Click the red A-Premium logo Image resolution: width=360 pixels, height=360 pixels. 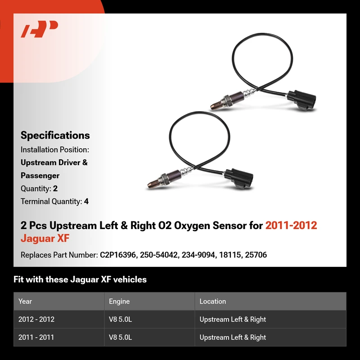tap(40, 29)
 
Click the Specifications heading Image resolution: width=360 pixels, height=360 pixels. tap(55, 135)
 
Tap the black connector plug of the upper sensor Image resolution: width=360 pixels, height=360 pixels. tap(301, 99)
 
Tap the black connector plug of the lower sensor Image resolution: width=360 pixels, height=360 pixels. tap(239, 178)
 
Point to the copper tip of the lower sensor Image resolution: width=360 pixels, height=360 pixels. tap(153, 184)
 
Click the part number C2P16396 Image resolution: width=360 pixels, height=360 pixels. tap(118, 255)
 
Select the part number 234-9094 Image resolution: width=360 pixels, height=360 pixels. tap(198, 255)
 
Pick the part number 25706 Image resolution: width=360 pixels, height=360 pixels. tap(256, 255)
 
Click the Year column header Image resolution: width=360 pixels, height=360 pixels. tap(25, 301)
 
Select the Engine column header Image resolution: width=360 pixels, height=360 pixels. tap(119, 301)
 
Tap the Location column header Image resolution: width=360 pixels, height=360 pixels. tap(212, 301)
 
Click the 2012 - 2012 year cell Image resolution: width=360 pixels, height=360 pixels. tap(36, 319)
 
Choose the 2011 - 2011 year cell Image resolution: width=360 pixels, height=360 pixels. tap(36, 337)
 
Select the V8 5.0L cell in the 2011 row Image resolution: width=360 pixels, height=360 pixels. tap(120, 337)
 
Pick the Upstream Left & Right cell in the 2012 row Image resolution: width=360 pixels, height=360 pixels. tap(233, 319)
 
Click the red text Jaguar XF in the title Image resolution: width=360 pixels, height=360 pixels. tap(45, 238)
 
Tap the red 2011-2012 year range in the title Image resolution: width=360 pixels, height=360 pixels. tap(291, 225)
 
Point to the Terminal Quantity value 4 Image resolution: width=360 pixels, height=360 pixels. tap(86, 201)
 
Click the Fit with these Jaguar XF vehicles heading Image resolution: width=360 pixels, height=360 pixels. tap(80, 279)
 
